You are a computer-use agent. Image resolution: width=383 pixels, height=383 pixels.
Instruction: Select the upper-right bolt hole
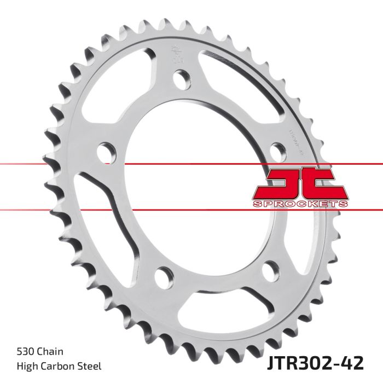tap(277, 149)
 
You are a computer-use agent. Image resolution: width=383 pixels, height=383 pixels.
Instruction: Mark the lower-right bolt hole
tap(269, 271)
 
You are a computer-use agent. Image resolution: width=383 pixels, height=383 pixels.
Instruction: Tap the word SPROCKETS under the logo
tap(300, 204)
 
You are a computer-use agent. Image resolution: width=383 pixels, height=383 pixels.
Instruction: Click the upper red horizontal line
tap(55, 164)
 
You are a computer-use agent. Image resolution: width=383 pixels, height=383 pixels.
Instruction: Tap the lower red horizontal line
tap(55, 209)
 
